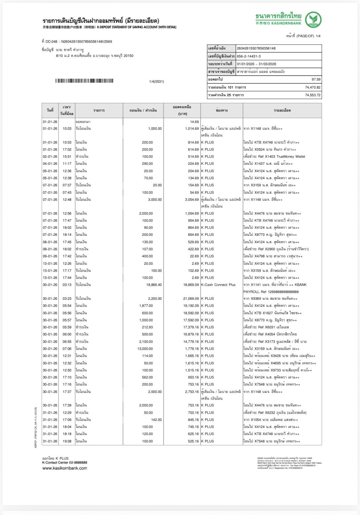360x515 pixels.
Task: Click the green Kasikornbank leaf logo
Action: (x=313, y=19)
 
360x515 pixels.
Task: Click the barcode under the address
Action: (x=84, y=81)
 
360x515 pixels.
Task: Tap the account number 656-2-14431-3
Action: (x=249, y=56)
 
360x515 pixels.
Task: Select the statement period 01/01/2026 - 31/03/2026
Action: (x=256, y=64)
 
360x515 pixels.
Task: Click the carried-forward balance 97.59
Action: (x=316, y=79)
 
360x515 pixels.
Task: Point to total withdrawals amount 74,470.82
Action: (x=313, y=87)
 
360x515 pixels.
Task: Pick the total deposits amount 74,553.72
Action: (x=313, y=95)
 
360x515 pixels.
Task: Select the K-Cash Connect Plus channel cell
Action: (x=218, y=285)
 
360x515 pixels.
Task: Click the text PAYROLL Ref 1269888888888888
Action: (x=271, y=292)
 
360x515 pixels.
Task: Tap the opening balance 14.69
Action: (x=194, y=122)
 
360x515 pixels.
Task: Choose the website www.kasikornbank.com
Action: (x=65, y=468)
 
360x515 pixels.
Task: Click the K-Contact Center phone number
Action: (x=77, y=462)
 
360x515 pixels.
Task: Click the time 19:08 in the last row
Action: (x=67, y=441)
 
